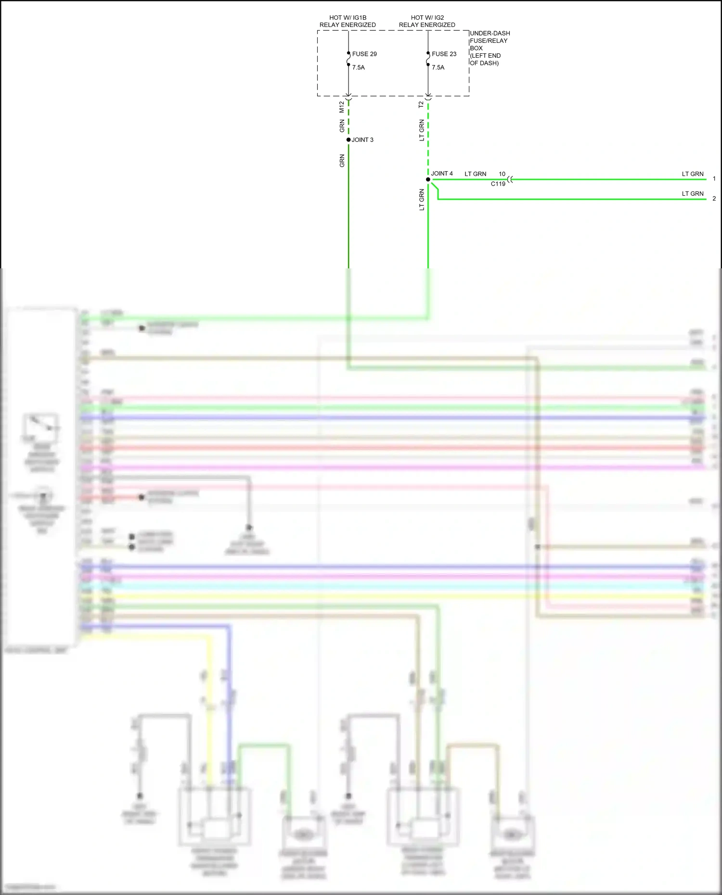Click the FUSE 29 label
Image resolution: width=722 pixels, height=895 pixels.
[x=364, y=54]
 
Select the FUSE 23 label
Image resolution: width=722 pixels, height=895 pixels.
[x=444, y=54]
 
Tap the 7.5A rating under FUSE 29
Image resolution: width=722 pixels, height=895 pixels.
[x=359, y=67]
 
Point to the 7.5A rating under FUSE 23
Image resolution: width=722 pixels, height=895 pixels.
[x=438, y=67]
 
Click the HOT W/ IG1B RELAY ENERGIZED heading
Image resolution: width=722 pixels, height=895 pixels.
[x=348, y=21]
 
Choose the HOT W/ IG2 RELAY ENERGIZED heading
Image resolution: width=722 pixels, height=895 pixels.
[x=427, y=21]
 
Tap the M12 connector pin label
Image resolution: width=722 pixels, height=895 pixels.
[x=342, y=107]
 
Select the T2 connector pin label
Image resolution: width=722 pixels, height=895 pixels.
[x=421, y=104]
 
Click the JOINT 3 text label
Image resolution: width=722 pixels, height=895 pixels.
[x=362, y=140]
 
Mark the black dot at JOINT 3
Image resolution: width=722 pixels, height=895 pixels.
[x=348, y=140]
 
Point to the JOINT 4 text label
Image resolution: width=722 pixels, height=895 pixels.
[x=442, y=174]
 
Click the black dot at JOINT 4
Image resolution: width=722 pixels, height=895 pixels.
[x=428, y=179]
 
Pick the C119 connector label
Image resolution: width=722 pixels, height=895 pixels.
[x=498, y=184]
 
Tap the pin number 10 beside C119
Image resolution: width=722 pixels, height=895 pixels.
[x=502, y=174]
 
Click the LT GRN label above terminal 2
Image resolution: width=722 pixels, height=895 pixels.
[x=693, y=194]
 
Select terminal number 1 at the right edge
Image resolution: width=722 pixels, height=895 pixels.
[x=714, y=179]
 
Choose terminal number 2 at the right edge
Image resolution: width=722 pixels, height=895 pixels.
[x=714, y=199]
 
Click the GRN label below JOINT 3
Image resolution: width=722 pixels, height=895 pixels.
[x=342, y=161]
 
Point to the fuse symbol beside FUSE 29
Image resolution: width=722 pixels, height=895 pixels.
[x=348, y=59]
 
